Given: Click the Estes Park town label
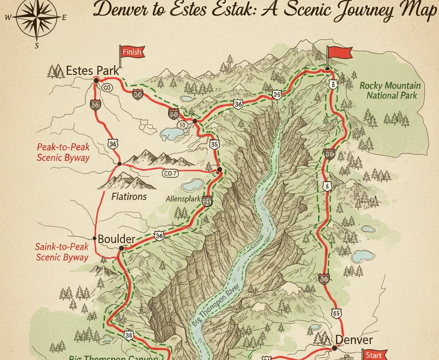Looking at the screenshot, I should [x=92, y=71].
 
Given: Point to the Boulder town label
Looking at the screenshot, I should [x=117, y=239].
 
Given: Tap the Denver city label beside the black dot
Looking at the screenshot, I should [x=354, y=340].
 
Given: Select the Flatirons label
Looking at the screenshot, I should [x=129, y=197].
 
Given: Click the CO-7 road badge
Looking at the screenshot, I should [x=170, y=173].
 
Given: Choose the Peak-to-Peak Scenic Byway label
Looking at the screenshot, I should [x=63, y=152].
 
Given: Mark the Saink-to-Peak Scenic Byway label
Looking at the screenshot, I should [x=62, y=252].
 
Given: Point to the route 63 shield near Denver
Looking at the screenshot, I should [x=337, y=314].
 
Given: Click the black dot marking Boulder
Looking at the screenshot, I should [x=122, y=248].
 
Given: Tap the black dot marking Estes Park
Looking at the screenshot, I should [x=96, y=80].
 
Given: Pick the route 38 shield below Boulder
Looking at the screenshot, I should [x=128, y=335].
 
